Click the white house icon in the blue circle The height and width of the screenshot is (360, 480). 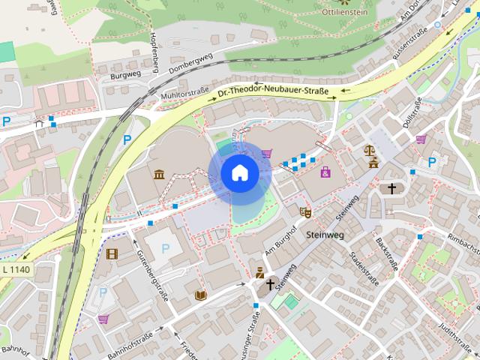pos(239,174)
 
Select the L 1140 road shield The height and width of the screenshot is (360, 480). pos(16,269)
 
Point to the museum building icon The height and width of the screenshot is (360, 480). pos(159,175)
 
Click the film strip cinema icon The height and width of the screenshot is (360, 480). pos(112,253)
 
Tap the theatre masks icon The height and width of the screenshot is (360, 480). pos(305,213)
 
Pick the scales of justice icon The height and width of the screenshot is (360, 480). pos(370,150)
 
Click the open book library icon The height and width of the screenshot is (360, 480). pos(200,295)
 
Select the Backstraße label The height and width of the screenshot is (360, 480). pos(388,254)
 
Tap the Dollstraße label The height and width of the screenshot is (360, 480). pos(412,113)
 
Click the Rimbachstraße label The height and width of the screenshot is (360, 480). pos(463,241)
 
